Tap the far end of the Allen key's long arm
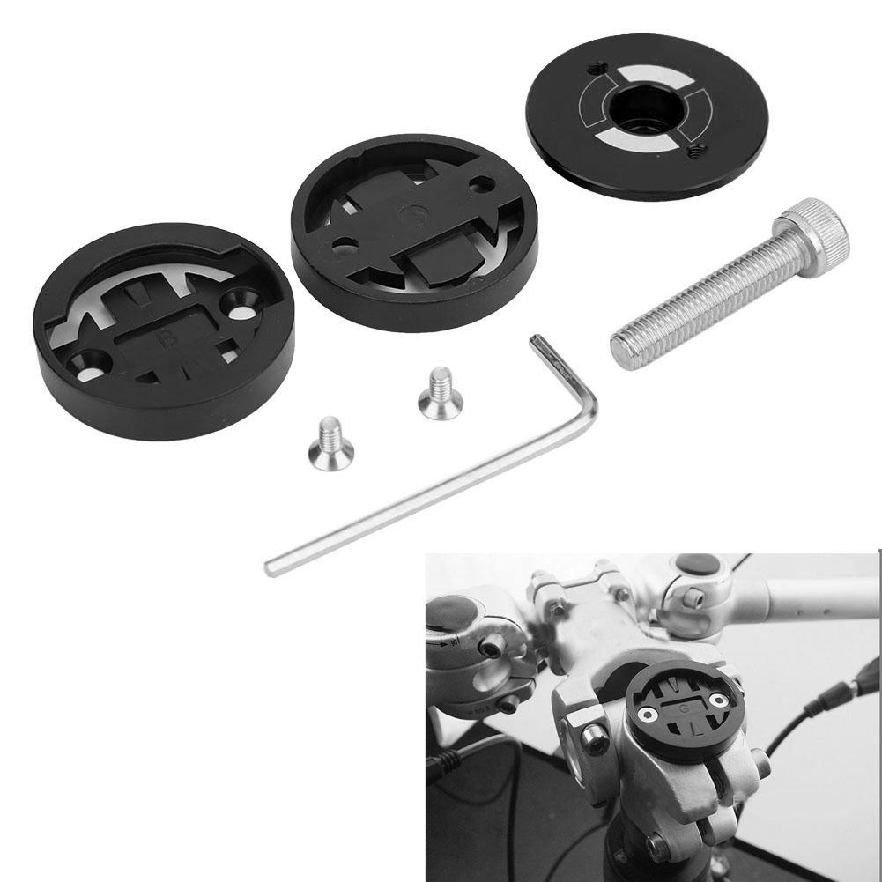click(272, 567)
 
